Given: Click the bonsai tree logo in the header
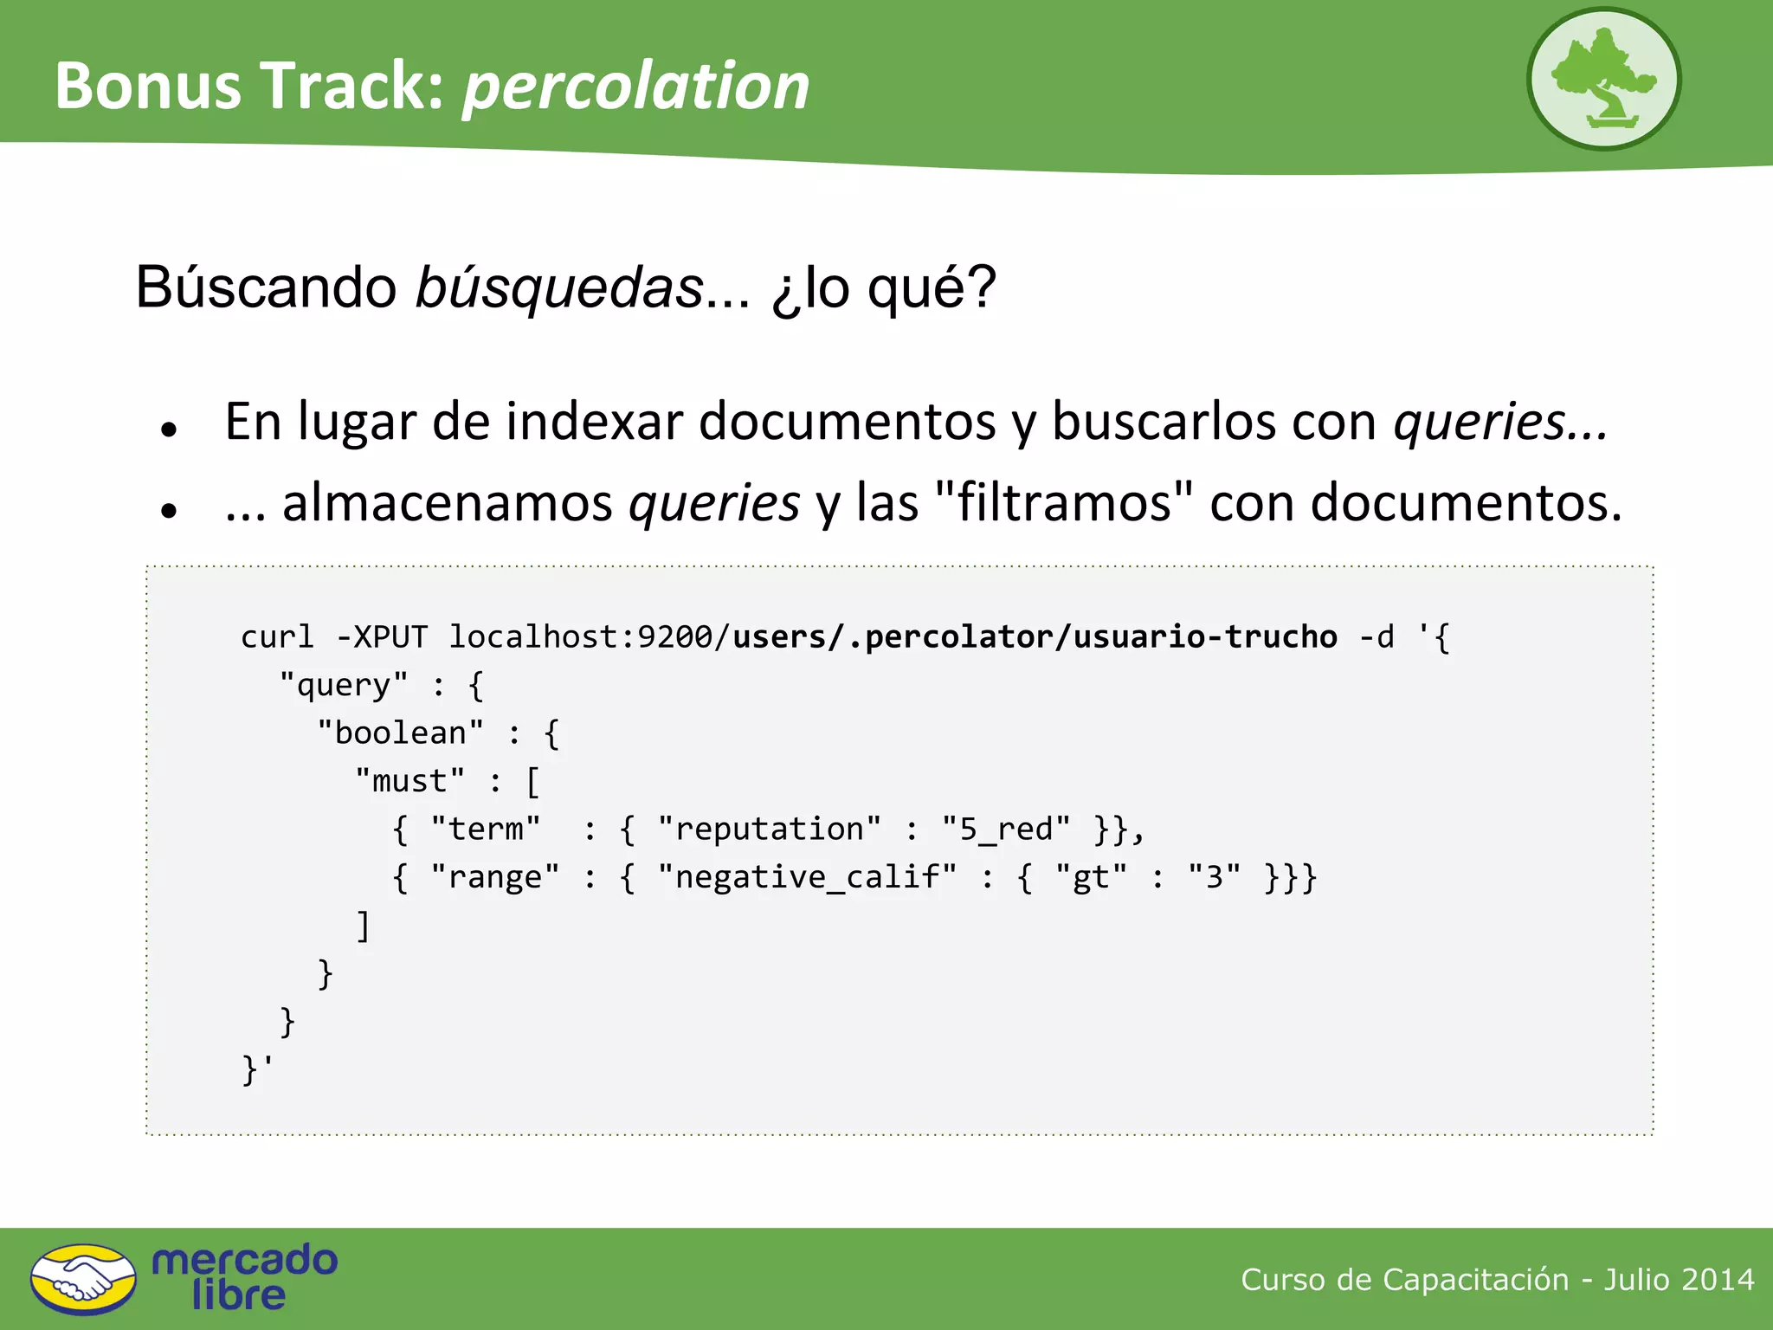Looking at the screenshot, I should click(1603, 80).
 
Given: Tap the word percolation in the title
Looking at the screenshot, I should click(636, 87).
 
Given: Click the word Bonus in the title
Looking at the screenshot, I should click(148, 87).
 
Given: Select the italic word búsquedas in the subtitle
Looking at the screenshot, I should click(559, 287).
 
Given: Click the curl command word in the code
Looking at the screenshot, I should click(277, 637).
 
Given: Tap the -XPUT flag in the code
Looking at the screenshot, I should click(381, 637).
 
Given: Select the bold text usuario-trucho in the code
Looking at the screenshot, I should click(1205, 637).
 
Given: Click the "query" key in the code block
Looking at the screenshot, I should click(344, 686).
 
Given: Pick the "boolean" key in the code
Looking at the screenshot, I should click(400, 733).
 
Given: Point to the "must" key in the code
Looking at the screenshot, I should click(409, 782).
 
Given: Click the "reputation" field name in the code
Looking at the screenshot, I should click(770, 830).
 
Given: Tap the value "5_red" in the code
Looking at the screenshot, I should click(1006, 830).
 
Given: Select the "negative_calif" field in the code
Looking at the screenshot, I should click(807, 878).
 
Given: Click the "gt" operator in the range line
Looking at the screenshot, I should click(1091, 878).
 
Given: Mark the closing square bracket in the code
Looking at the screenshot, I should click(364, 926).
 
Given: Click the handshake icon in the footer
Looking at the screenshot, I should click(83, 1279).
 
